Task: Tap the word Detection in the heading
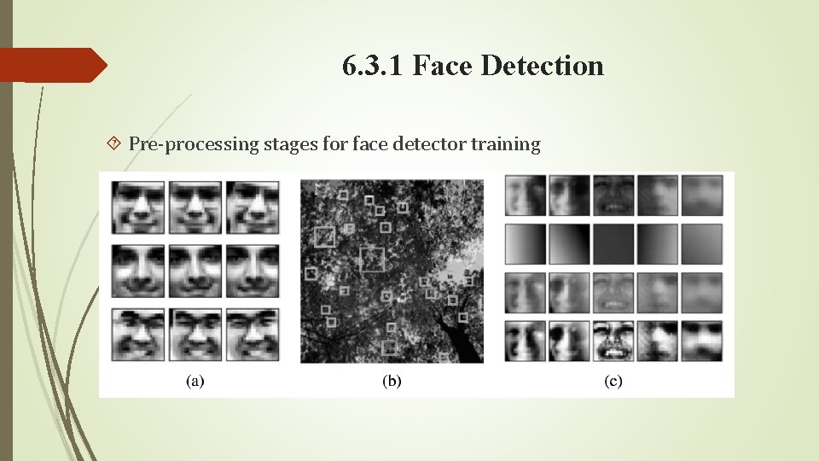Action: (x=542, y=66)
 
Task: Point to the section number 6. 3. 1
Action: (x=373, y=66)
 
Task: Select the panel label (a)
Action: (x=195, y=381)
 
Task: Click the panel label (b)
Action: (x=391, y=381)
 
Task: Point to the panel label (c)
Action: (x=613, y=381)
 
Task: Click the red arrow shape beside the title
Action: (x=53, y=65)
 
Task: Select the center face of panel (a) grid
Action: (x=195, y=271)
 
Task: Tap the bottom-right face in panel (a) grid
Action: (x=253, y=335)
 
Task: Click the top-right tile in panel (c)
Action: (x=702, y=195)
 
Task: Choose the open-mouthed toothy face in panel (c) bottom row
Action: (x=613, y=340)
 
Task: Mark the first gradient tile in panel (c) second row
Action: (x=526, y=244)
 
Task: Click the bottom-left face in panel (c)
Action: (x=526, y=340)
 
